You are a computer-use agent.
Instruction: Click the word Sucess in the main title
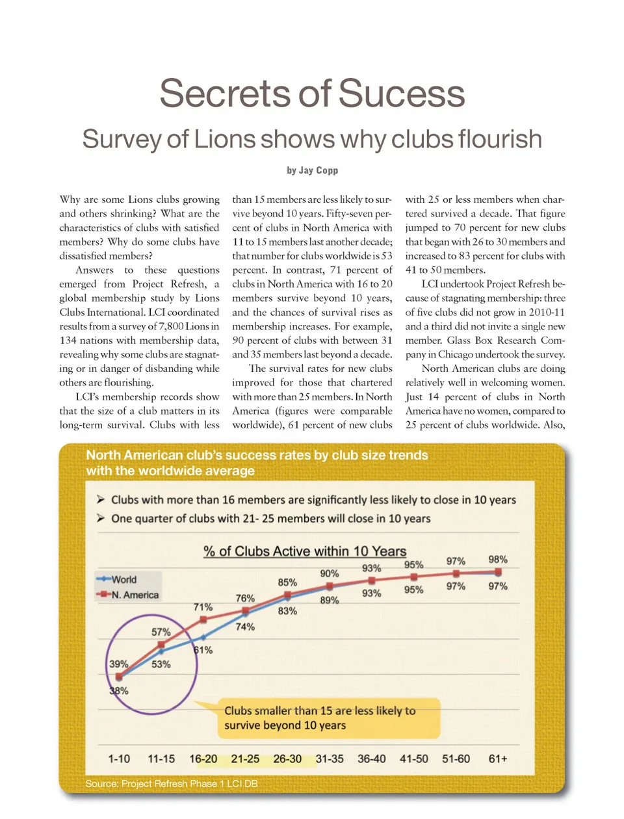(402, 94)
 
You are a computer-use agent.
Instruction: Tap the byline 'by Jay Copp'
(312, 170)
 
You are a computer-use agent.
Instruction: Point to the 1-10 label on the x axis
(119, 759)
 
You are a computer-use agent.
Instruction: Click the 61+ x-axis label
(498, 759)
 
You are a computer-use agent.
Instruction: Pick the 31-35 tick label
(330, 759)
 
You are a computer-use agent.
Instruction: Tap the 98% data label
(498, 560)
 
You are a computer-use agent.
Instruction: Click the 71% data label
(203, 607)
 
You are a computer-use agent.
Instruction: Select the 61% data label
(203, 650)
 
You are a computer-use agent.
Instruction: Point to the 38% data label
(119, 691)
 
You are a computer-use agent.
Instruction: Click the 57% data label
(161, 632)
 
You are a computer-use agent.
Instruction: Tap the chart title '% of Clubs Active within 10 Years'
(305, 551)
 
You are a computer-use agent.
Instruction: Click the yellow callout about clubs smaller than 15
(319, 718)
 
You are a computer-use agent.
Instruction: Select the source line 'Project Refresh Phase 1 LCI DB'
(172, 784)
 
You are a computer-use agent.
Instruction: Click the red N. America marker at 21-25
(245, 611)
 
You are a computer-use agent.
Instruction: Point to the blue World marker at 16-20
(203, 638)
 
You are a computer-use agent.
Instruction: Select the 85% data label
(287, 582)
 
